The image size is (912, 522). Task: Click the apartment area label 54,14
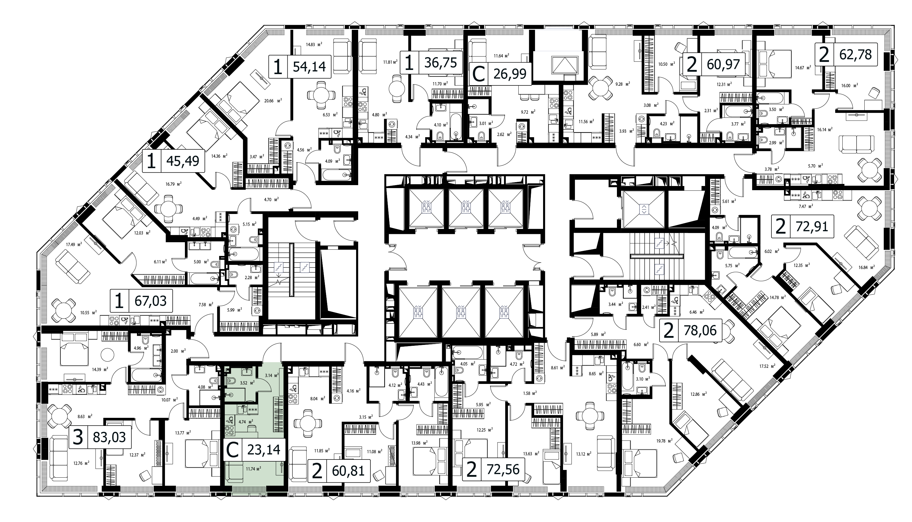(x=309, y=67)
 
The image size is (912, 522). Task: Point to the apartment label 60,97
(x=723, y=64)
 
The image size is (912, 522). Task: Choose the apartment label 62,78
(x=856, y=54)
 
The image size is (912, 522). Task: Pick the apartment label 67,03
(x=150, y=301)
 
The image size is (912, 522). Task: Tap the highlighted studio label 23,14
(x=264, y=449)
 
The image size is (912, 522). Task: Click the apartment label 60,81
(x=348, y=471)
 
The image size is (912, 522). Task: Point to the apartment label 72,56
(x=503, y=469)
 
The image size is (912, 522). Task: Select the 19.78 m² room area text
(x=664, y=441)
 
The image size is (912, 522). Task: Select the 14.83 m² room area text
(x=314, y=44)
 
